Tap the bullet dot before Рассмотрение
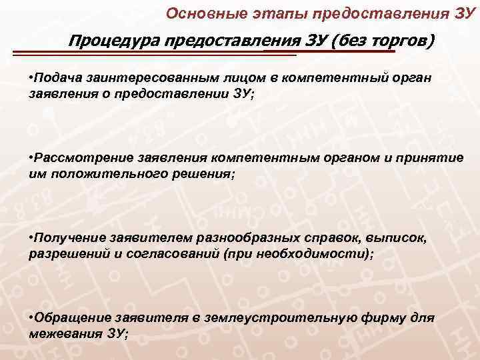[32, 159]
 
